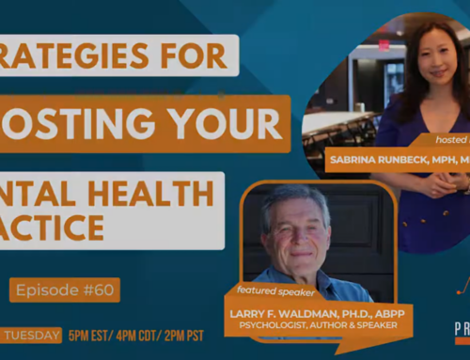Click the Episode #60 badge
(66, 289)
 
